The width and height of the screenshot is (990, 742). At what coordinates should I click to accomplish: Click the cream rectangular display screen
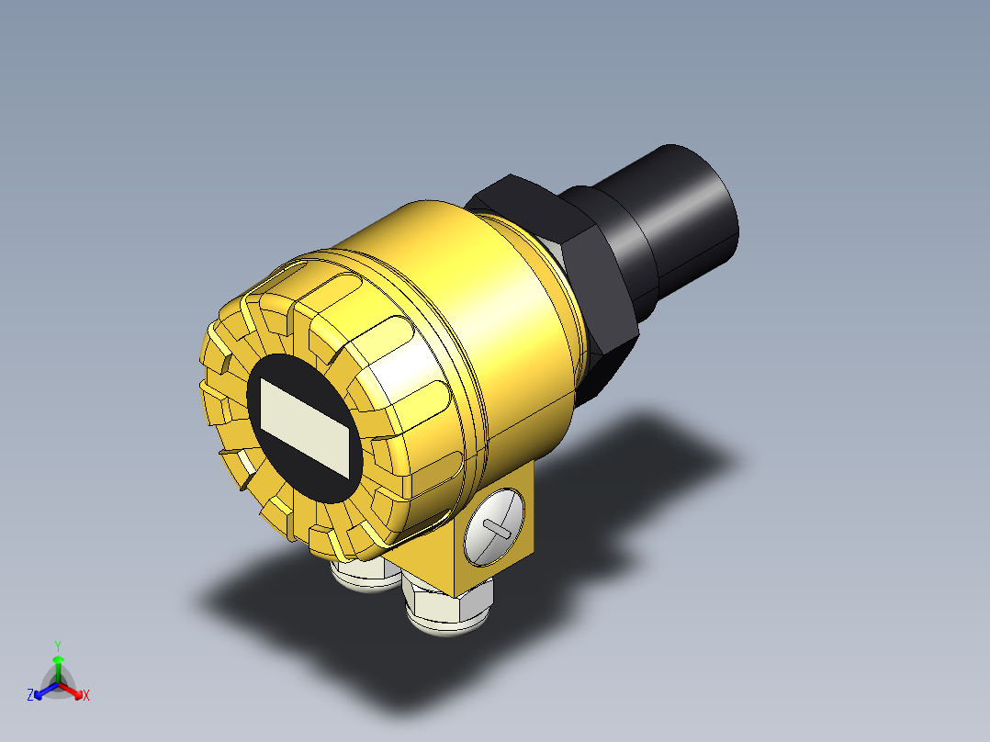click(x=307, y=427)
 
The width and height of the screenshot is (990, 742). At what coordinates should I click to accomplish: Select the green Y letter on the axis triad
click(x=57, y=646)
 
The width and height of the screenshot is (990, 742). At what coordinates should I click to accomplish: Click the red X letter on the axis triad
click(x=85, y=695)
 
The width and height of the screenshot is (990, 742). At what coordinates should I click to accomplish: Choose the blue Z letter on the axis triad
click(x=30, y=695)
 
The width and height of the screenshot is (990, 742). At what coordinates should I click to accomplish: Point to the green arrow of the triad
click(x=57, y=665)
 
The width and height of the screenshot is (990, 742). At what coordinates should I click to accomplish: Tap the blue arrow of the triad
click(x=42, y=690)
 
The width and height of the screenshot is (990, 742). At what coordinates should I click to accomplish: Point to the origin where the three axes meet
click(x=58, y=684)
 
